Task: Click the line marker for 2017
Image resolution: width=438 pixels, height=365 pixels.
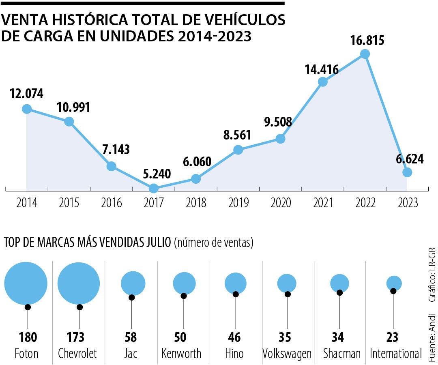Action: [x=154, y=188]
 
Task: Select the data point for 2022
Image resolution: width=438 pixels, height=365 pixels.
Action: [x=365, y=54]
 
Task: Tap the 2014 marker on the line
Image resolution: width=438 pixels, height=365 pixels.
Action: [x=27, y=109]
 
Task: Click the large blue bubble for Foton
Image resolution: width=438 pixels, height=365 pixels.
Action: [x=26, y=283]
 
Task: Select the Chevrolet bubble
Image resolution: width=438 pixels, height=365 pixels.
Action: [x=79, y=283]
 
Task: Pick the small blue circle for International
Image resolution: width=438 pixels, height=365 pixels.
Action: [x=394, y=283]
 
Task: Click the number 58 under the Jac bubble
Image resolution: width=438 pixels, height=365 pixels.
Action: [x=131, y=337]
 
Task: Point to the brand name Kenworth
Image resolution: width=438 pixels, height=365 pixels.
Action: [x=181, y=353]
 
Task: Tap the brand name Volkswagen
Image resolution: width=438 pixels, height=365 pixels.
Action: [x=287, y=353]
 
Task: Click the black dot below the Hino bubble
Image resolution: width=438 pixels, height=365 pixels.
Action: [x=236, y=294]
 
